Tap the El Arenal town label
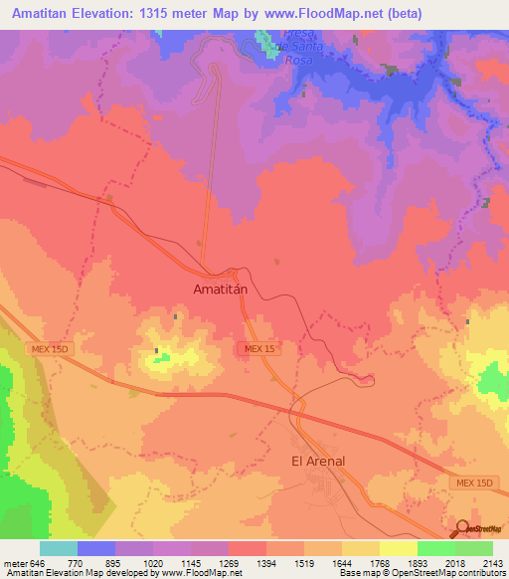[x=317, y=461]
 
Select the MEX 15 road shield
[x=259, y=348]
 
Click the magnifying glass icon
[x=461, y=527]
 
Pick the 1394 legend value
[x=266, y=562]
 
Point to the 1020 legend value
[x=152, y=562]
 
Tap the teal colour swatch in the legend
[x=58, y=548]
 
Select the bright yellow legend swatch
[x=399, y=548]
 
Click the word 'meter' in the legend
[x=14, y=562]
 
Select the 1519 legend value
[x=304, y=562]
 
